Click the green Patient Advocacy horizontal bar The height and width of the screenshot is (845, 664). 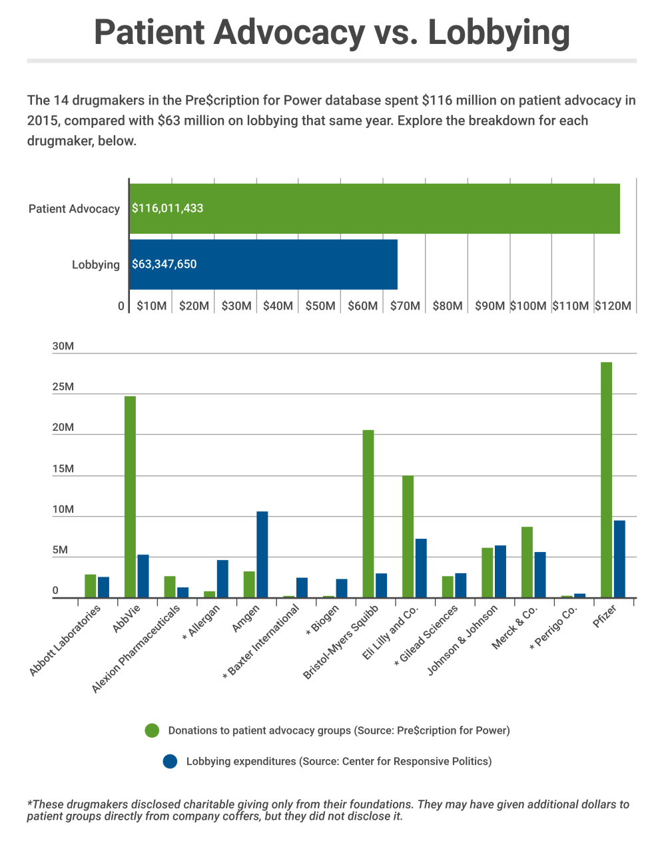click(x=374, y=208)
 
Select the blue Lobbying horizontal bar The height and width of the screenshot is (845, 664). click(x=263, y=264)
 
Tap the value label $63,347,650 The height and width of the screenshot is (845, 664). click(x=165, y=264)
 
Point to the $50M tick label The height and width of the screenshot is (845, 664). click(x=320, y=306)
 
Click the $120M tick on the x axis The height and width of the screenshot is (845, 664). click(x=613, y=306)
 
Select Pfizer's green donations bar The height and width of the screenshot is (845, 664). click(x=606, y=479)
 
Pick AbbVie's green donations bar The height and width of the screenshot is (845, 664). click(x=130, y=497)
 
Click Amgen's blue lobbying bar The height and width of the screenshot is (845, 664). click(x=262, y=554)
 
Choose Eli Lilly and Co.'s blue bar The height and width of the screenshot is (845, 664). click(x=421, y=568)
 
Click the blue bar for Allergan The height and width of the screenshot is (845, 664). click(x=222, y=579)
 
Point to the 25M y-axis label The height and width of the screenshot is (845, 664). click(x=63, y=387)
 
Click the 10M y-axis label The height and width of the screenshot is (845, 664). click(x=63, y=509)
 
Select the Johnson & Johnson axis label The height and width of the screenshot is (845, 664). click(x=462, y=640)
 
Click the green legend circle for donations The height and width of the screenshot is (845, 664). click(x=152, y=730)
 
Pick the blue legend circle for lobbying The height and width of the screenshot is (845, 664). click(x=170, y=761)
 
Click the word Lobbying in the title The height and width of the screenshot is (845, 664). click(x=499, y=32)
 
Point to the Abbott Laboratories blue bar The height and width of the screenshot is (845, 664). click(x=103, y=587)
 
